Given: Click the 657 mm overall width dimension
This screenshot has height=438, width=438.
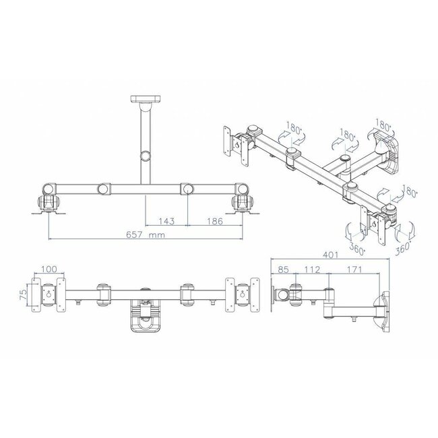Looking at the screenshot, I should point(146,236).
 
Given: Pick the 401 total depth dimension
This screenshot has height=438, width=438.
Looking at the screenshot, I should point(330,256).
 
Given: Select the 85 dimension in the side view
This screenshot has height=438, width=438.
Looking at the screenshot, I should point(283,270).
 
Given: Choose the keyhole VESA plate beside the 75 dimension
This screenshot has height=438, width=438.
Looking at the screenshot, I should point(47,294).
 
